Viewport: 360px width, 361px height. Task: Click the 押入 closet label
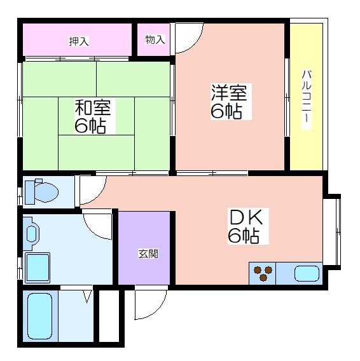pos(79,41)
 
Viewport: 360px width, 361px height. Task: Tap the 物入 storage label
pos(155,39)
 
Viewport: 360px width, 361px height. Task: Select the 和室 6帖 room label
pos(93,116)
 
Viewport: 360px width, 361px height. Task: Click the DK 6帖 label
pos(246,226)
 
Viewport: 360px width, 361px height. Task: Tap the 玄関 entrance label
pos(148,254)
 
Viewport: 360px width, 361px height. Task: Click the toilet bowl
pos(46,192)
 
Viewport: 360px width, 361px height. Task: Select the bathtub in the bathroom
pos(39,316)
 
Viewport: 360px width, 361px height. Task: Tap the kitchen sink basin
pos(307,273)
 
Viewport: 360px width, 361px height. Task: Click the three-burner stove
pos(263,273)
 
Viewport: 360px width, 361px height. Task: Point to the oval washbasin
pos(32,234)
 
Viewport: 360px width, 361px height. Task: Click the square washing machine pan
pos(38,268)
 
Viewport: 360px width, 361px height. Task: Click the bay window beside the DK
pos(332,232)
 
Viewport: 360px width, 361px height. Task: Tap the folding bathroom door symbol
pos(87,296)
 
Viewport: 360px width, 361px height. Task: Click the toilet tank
pos(30,192)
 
